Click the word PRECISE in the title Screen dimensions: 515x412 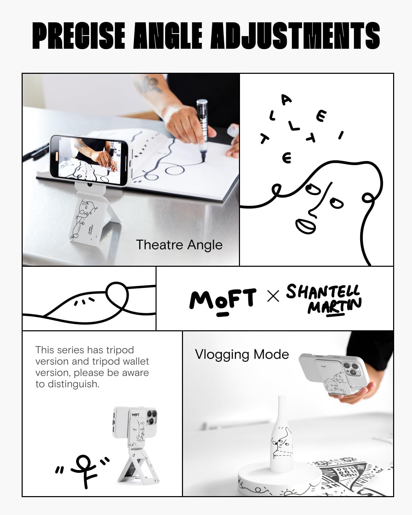[x=79, y=36]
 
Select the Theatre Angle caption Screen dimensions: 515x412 [x=179, y=245]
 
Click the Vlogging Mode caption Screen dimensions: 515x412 [x=242, y=354]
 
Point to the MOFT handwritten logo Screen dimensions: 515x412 [x=222, y=299]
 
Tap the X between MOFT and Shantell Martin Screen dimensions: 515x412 [x=273, y=296]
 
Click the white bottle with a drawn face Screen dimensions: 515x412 [x=282, y=436]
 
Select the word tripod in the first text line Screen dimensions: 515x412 [x=120, y=350]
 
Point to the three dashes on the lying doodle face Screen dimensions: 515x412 [x=84, y=301]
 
